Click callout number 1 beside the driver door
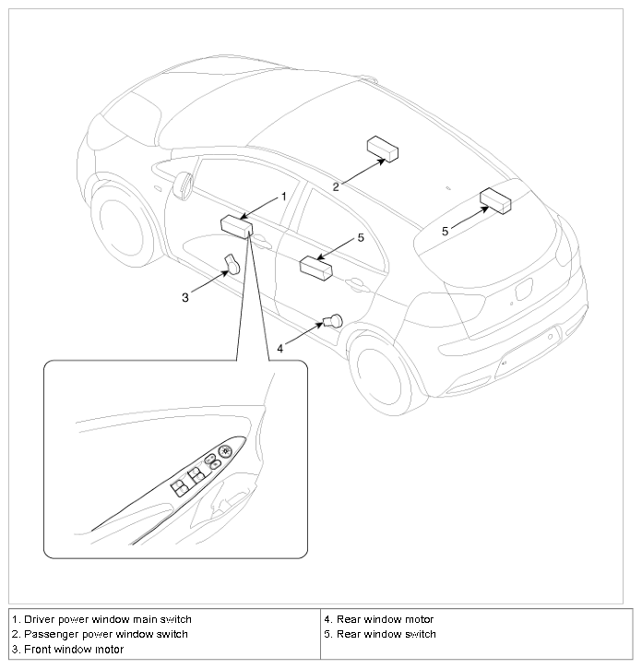(284, 197)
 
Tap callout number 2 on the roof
(336, 186)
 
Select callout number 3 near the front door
(185, 296)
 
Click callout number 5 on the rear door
(361, 237)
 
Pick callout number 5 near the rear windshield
(445, 232)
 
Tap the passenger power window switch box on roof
(382, 148)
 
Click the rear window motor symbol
(332, 320)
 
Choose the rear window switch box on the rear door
(316, 268)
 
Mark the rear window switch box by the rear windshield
(496, 200)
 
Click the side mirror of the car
(180, 185)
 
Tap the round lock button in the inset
(224, 451)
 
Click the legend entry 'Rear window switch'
(384, 634)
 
